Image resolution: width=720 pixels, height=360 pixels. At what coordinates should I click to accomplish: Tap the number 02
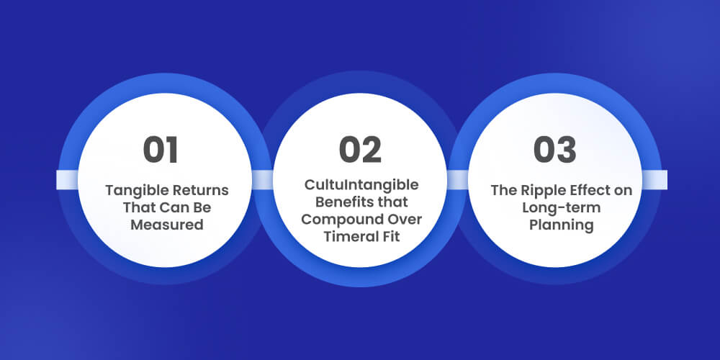[360, 150]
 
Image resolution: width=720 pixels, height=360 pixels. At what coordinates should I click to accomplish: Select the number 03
[554, 150]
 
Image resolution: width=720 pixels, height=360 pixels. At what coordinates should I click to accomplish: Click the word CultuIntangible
[361, 185]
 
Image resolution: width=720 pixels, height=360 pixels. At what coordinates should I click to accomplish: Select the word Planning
[561, 225]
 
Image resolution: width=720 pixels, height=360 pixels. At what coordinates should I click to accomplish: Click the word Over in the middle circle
[407, 219]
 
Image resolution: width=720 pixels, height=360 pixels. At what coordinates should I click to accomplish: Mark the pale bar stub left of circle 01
[66, 180]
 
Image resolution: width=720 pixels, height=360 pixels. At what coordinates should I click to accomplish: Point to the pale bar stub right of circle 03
[654, 180]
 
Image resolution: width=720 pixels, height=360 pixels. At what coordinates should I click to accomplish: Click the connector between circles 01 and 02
[261, 180]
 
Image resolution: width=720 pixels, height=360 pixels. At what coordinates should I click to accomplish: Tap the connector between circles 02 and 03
[458, 180]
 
